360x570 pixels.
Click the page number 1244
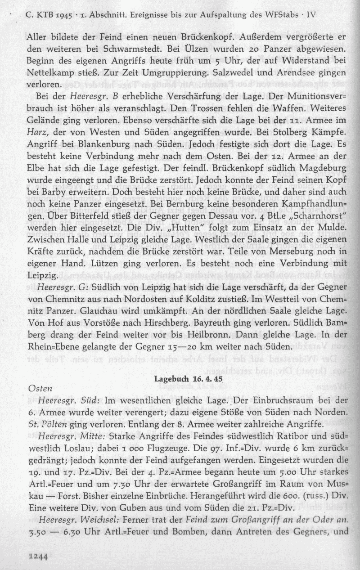[x=38, y=556]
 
